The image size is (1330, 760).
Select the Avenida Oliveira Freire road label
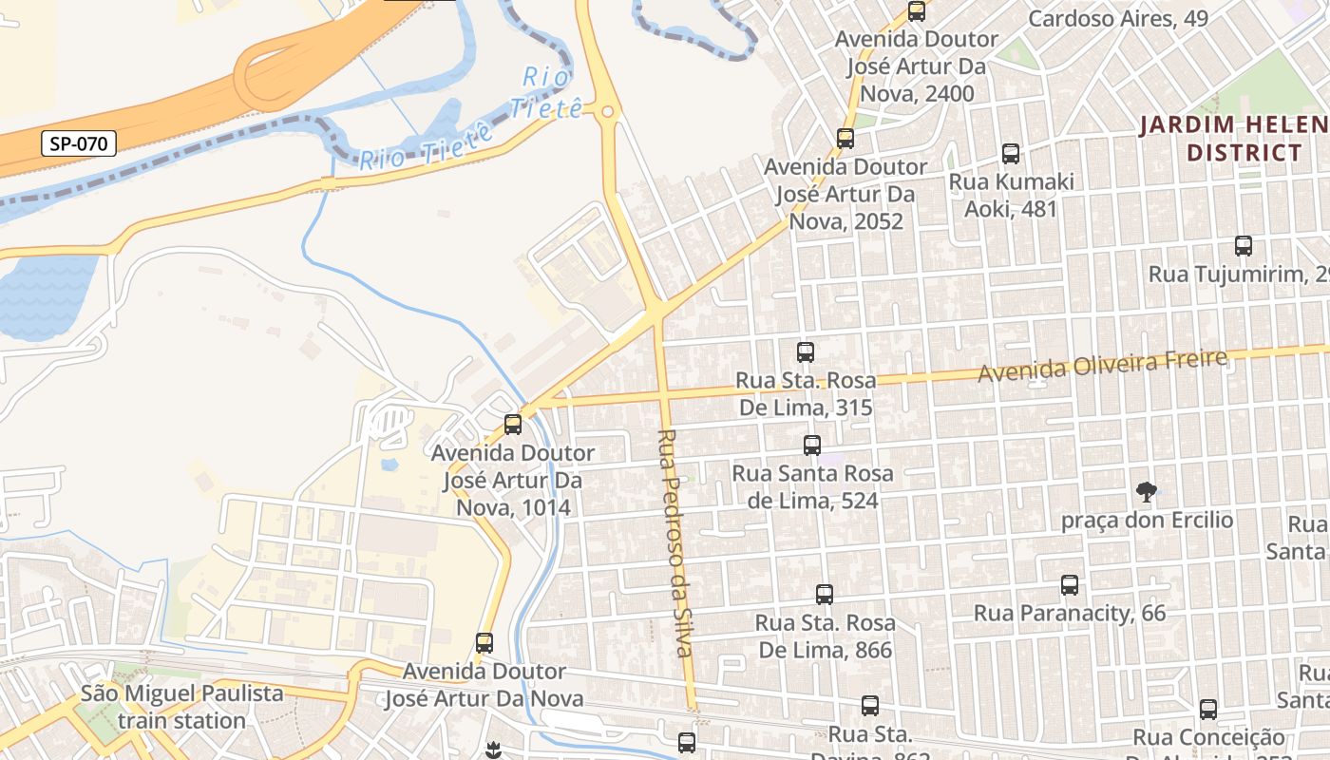coord(1102,365)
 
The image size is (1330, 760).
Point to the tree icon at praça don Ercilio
coord(1147,492)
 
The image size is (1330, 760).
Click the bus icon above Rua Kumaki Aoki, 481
coord(1011,154)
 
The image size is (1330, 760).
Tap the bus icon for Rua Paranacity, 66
coord(1070,585)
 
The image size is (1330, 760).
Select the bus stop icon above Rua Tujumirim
coord(1244,246)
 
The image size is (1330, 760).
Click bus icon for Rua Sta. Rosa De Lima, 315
coord(806,352)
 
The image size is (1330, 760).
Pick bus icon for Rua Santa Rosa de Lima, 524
coord(812,445)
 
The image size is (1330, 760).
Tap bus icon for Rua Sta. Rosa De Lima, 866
coord(825,595)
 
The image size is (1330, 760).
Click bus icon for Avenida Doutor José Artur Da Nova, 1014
coord(513,425)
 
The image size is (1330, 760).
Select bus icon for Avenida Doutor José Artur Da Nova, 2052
coord(845,139)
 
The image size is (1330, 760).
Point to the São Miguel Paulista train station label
coord(182,707)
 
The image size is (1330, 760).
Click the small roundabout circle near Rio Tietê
coord(608,112)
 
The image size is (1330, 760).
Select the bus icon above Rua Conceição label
coord(1208,709)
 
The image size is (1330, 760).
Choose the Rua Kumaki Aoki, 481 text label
coord(1012,195)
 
